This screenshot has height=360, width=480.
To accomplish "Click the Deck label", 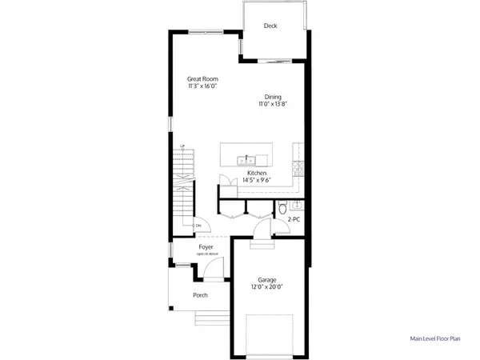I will point(271,26).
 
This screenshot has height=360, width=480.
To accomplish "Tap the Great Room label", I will point(203,78).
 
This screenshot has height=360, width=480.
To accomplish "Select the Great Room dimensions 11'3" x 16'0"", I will point(203,87).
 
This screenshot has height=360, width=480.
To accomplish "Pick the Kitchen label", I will point(257,173).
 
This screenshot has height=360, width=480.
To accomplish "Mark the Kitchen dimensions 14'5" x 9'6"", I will point(257,181).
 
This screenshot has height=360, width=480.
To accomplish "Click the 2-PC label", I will point(294,217).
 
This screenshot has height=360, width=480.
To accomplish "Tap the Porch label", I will point(200,295).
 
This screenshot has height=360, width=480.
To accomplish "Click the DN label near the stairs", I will point(198,226).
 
